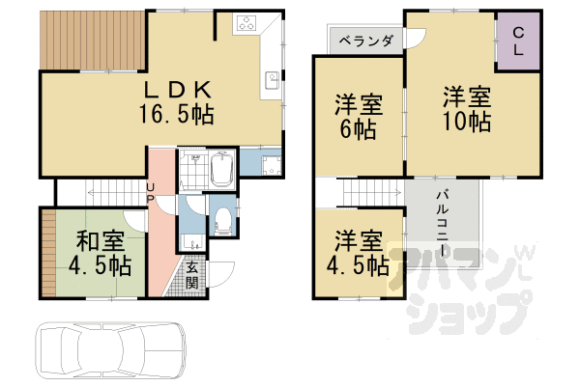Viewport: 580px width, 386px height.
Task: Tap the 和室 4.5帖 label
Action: click(100, 252)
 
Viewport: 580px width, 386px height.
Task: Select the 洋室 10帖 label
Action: click(468, 110)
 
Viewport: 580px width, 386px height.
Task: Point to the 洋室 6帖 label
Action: click(357, 116)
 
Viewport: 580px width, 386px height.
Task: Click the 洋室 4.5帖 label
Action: click(357, 253)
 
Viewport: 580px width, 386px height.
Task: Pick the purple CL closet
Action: click(518, 41)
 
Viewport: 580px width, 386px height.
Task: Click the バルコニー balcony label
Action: click(441, 224)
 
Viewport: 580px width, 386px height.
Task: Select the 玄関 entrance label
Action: click(192, 275)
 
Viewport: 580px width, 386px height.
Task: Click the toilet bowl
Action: click(221, 217)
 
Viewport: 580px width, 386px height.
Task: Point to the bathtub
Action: click(220, 172)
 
